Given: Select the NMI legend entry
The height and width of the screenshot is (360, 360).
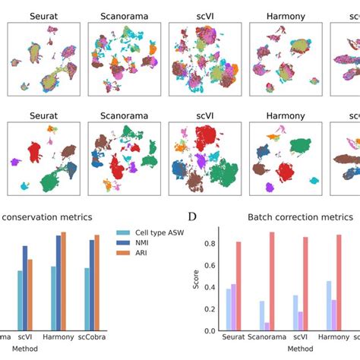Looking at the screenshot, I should (x=138, y=244).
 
